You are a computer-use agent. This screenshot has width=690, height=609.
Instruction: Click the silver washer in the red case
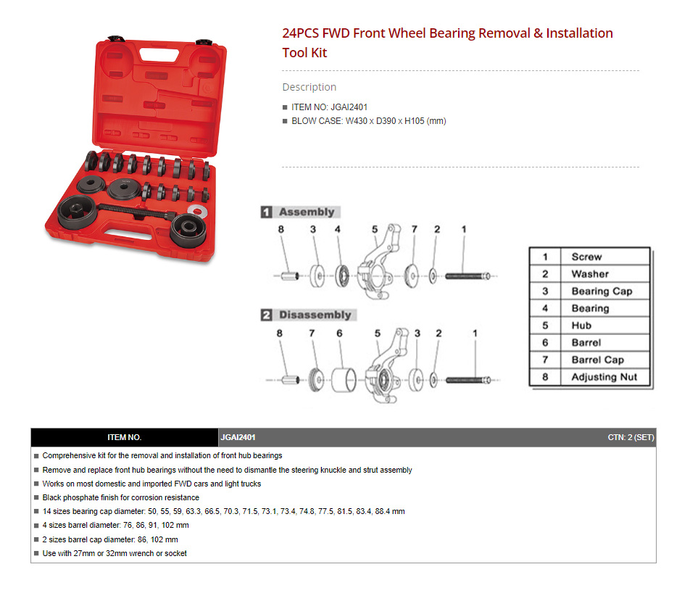click(197, 211)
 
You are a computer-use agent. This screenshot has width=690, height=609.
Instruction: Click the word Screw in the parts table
click(586, 257)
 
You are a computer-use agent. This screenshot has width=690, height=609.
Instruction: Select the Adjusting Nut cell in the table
click(604, 377)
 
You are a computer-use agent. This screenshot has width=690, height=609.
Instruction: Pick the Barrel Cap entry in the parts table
click(597, 360)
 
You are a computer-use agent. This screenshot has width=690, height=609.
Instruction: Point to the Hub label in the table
click(581, 326)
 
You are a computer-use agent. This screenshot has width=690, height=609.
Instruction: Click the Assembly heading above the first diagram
click(307, 212)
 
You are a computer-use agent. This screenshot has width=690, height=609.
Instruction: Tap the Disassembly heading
click(315, 315)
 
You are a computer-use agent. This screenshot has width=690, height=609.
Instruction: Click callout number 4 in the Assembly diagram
click(338, 229)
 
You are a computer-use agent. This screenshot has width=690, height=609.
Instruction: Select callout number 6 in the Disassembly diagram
click(339, 333)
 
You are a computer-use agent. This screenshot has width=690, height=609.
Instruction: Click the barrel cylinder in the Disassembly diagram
click(344, 380)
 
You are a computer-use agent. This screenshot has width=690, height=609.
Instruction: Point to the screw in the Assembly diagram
click(467, 276)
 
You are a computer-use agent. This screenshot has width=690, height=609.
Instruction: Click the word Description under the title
click(309, 87)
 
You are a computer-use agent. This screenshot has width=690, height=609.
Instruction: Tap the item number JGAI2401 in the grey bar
click(238, 437)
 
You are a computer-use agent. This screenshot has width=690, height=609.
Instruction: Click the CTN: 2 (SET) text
click(631, 437)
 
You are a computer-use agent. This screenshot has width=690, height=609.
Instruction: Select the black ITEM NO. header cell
click(125, 437)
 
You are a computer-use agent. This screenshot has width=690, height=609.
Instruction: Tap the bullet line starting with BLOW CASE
click(369, 121)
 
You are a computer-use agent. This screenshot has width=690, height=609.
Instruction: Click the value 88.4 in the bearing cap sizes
click(383, 511)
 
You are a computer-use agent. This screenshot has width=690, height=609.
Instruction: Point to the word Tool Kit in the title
click(304, 53)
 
